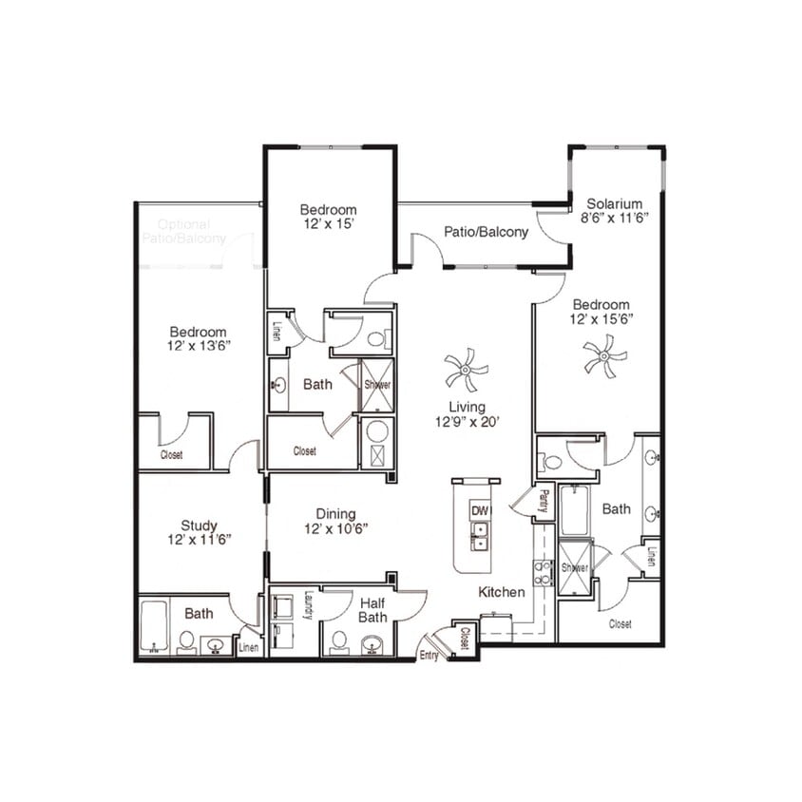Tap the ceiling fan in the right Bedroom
click(604, 359)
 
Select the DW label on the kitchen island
click(480, 511)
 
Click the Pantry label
click(543, 498)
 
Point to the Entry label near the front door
click(429, 656)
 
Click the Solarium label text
click(615, 203)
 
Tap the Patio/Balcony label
click(486, 232)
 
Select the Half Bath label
click(370, 609)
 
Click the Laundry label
click(309, 605)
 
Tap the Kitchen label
click(501, 592)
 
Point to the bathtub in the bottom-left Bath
click(154, 624)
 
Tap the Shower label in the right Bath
click(575, 567)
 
